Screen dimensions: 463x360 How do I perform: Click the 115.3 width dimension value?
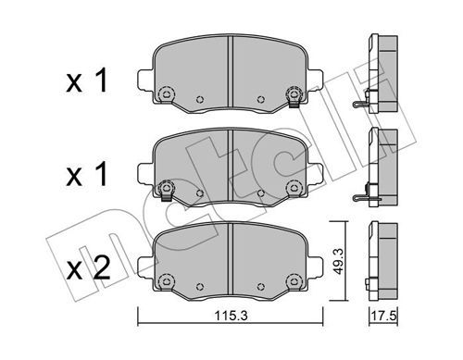(231, 317)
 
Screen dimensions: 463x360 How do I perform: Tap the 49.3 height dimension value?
(339, 260)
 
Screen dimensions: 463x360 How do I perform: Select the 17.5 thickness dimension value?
(383, 317)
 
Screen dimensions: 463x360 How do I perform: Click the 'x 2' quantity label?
(88, 268)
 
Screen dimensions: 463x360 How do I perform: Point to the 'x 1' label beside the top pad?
(87, 81)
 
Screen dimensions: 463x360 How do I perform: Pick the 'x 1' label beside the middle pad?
(87, 175)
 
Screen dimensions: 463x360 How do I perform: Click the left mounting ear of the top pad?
(144, 80)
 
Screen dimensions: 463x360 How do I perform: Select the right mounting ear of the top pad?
(316, 80)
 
